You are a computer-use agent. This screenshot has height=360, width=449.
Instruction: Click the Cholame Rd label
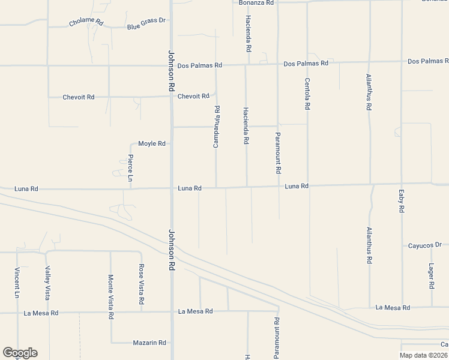tap(86, 23)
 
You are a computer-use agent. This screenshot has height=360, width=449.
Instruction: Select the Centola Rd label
tap(307, 94)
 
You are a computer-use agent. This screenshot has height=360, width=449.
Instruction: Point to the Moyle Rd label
tap(151, 144)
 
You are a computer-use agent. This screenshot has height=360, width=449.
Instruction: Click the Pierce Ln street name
tap(130, 168)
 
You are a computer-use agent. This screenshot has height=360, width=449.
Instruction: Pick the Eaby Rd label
tap(401, 201)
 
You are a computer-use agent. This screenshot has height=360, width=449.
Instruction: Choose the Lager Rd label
tap(431, 276)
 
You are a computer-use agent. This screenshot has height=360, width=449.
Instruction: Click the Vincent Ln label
tap(17, 283)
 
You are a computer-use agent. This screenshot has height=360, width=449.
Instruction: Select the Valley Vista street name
tap(47, 283)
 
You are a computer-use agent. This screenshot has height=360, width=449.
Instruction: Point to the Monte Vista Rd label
tap(111, 296)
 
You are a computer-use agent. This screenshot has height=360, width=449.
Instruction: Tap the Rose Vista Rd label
tap(142, 283)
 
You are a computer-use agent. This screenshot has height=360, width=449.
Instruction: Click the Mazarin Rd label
tap(149, 343)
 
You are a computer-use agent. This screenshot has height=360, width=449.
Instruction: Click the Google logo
tap(20, 353)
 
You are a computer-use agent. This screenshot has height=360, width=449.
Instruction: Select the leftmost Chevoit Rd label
tap(79, 97)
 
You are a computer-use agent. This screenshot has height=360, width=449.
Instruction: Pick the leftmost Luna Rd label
tap(26, 189)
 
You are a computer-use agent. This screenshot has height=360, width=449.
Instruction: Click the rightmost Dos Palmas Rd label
tap(428, 61)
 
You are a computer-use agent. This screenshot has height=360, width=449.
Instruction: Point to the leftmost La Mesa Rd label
tap(41, 313)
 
